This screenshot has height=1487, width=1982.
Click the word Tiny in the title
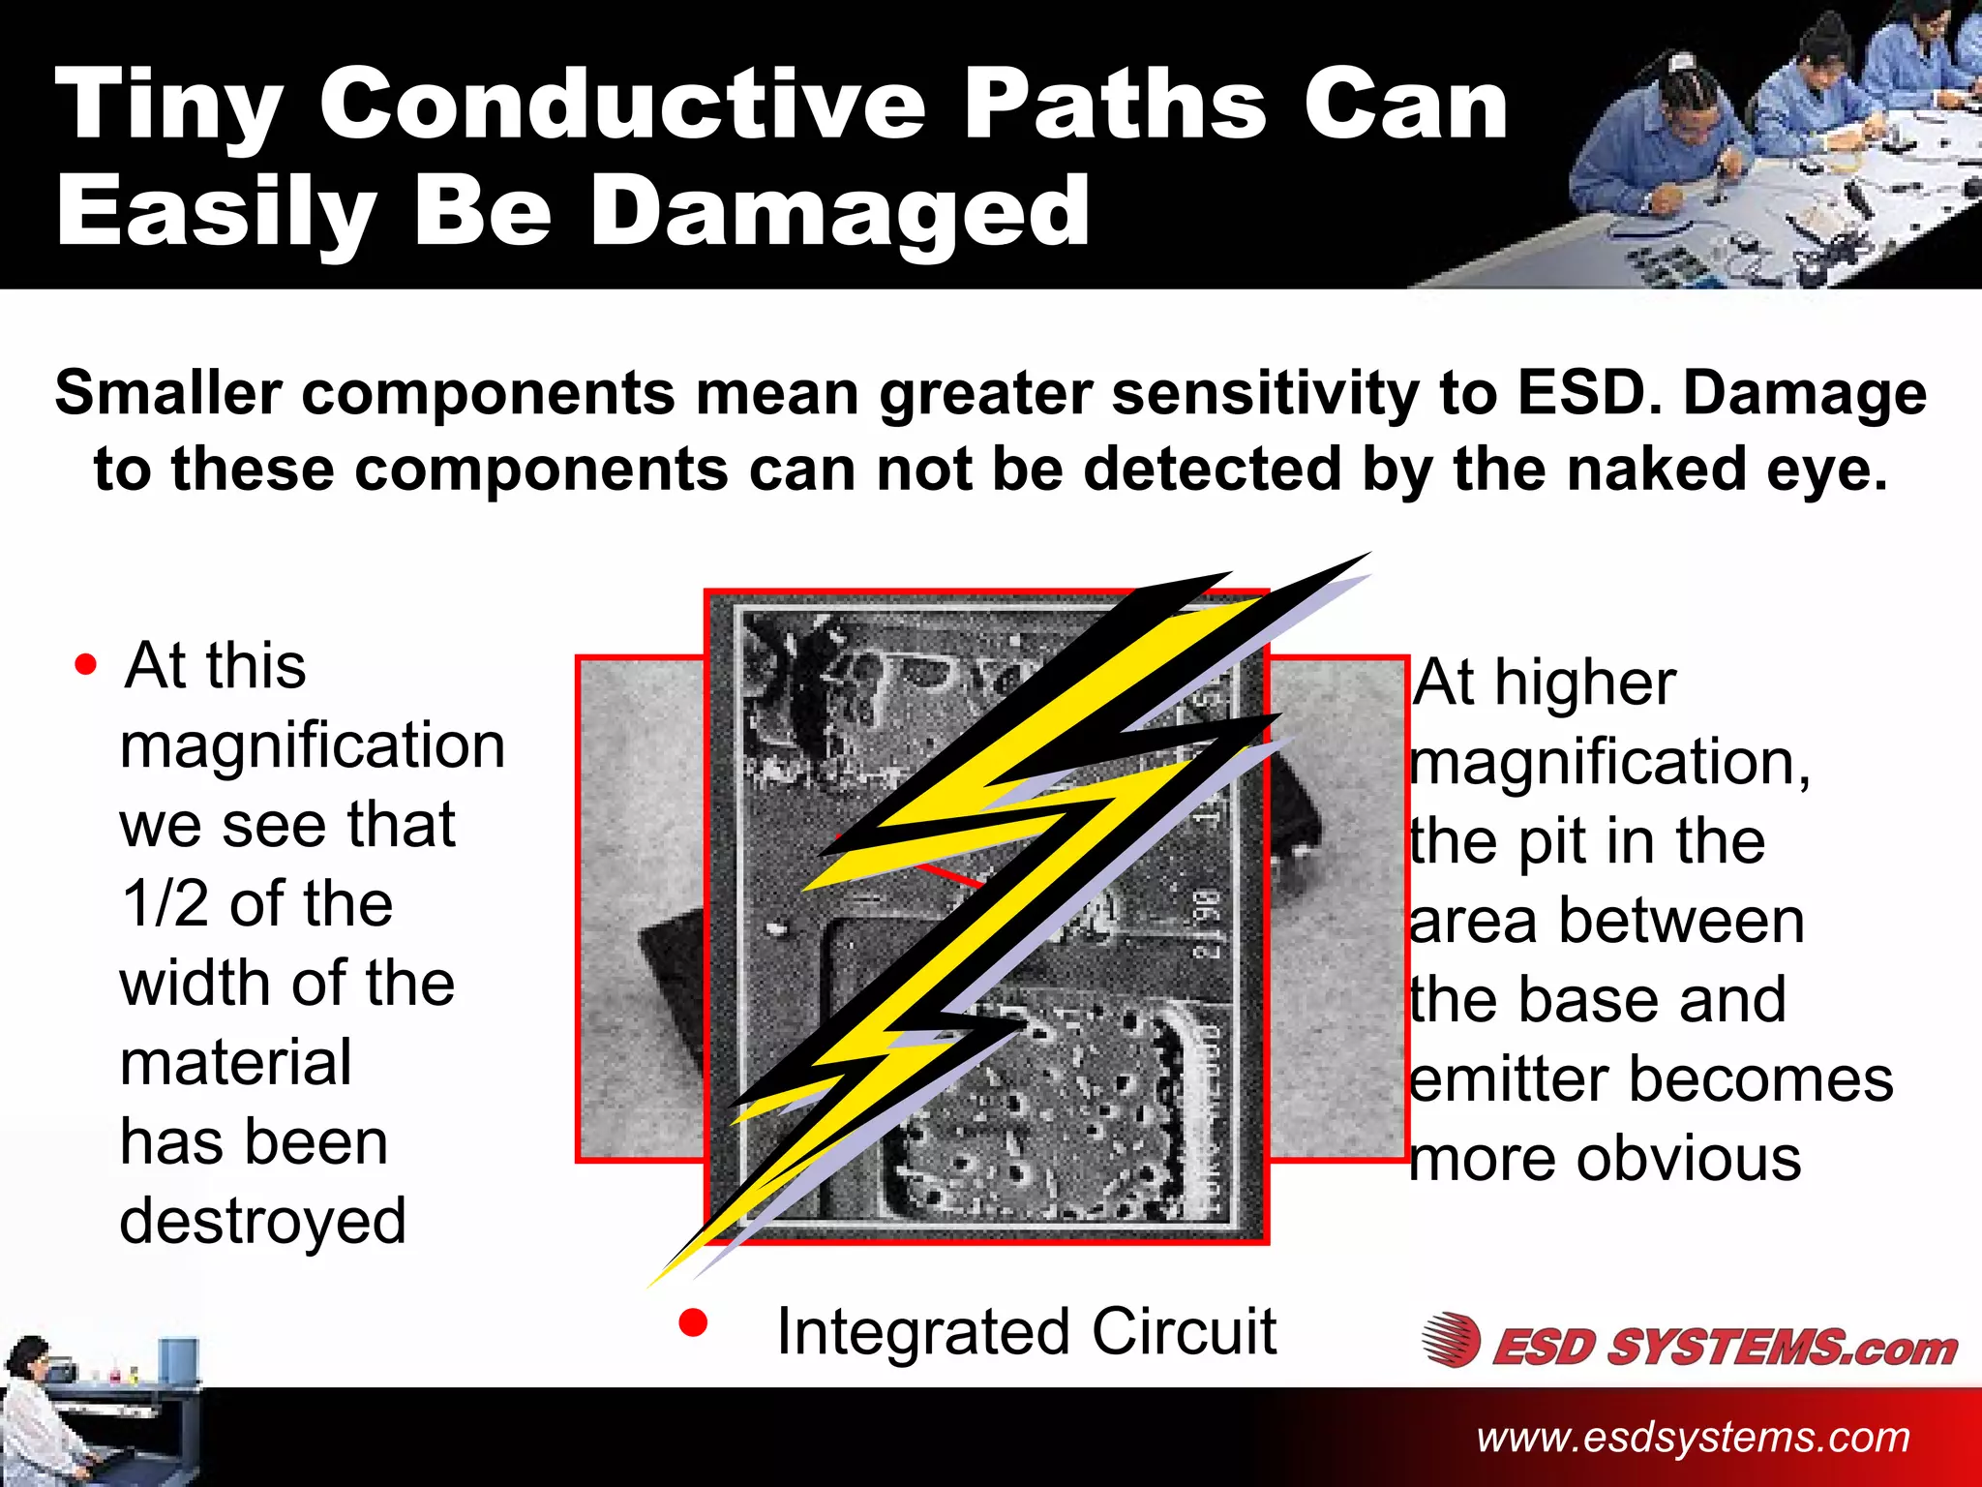(169, 106)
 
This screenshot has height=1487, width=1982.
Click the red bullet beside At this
(86, 665)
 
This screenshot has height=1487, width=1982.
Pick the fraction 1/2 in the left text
(165, 903)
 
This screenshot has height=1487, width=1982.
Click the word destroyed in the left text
(262, 1221)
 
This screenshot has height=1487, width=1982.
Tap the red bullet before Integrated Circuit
(693, 1323)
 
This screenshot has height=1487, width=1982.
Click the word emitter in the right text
(1510, 1078)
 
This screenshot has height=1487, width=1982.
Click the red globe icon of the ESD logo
(1451, 1340)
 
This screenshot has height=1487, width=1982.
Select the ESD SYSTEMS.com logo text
(1724, 1347)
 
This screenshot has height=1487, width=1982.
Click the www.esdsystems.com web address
(1693, 1437)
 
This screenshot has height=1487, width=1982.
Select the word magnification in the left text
(312, 745)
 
